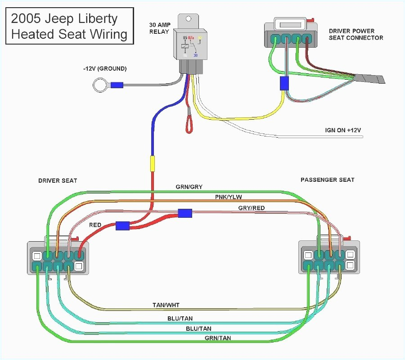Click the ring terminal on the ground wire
99,85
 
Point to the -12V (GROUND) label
105,69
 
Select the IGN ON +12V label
343,130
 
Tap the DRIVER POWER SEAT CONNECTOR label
355,34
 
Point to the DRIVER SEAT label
58,180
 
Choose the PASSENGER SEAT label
327,180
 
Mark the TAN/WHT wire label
166,305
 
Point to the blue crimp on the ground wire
117,85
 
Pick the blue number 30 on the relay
195,55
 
